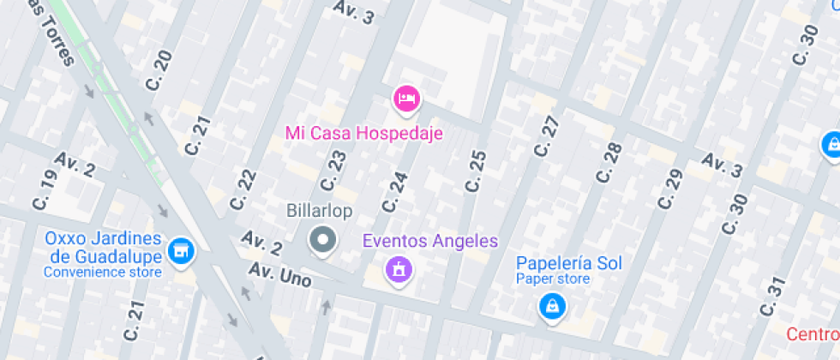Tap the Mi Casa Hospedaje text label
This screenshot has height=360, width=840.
click(x=363, y=134)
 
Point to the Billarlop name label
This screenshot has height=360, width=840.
click(x=319, y=211)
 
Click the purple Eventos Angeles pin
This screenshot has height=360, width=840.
click(x=399, y=271)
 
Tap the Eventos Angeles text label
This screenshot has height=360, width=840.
click(x=429, y=241)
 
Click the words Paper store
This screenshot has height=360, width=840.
click(x=552, y=279)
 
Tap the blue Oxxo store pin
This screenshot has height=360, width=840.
click(x=181, y=251)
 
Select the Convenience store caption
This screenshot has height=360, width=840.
click(x=102, y=273)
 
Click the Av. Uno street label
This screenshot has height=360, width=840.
click(x=280, y=274)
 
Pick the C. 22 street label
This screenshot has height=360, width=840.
click(x=243, y=189)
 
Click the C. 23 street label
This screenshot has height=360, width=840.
click(x=333, y=171)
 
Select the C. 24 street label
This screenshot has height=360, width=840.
click(x=395, y=192)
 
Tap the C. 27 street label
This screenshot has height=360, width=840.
click(x=546, y=136)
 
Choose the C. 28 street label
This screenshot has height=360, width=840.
click(x=608, y=163)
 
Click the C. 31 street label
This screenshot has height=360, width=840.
click(x=773, y=297)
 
